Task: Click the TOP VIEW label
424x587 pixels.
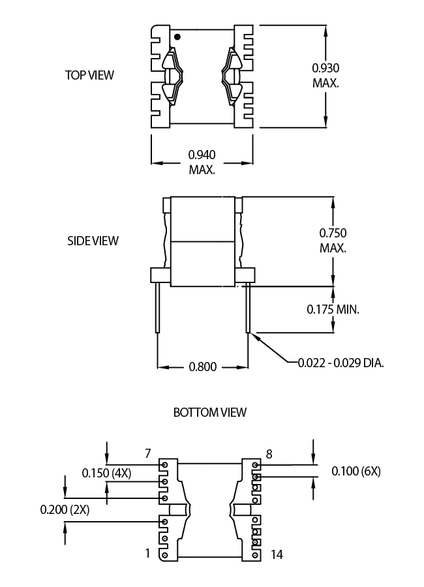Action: pos(89,75)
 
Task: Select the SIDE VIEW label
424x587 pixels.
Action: pos(93,240)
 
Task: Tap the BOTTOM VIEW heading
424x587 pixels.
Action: pos(210,412)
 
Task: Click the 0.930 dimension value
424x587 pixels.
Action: pos(326,68)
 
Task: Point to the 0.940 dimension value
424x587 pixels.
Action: pos(202,155)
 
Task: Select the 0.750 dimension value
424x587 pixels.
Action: pos(333,233)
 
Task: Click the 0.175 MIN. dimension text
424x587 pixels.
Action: pos(333,309)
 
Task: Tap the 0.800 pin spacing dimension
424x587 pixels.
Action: pos(203,367)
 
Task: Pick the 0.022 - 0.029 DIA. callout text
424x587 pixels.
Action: pos(341,363)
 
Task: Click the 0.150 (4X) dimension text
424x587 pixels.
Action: pos(107,474)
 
